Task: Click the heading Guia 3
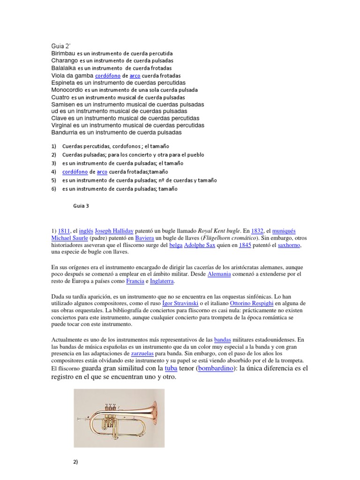(x=81, y=205)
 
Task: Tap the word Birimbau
(x=63, y=53)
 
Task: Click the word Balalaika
(x=64, y=68)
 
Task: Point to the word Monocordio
(x=67, y=90)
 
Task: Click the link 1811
(x=64, y=231)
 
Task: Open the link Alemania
(x=219, y=274)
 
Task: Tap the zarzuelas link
(x=137, y=353)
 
